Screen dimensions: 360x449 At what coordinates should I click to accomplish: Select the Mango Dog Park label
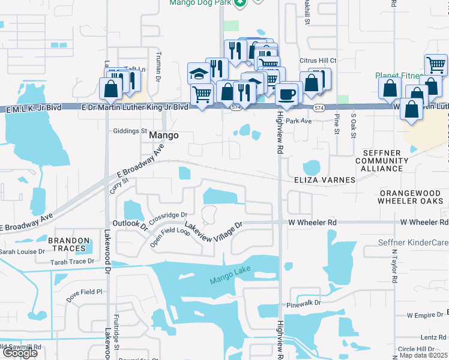199,3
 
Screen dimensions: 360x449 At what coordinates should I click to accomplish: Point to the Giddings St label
130,131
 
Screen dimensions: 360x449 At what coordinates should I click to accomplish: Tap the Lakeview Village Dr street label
213,229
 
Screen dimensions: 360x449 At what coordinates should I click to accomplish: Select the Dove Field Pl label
84,292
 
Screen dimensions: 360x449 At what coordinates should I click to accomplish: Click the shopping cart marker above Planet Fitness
435,64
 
